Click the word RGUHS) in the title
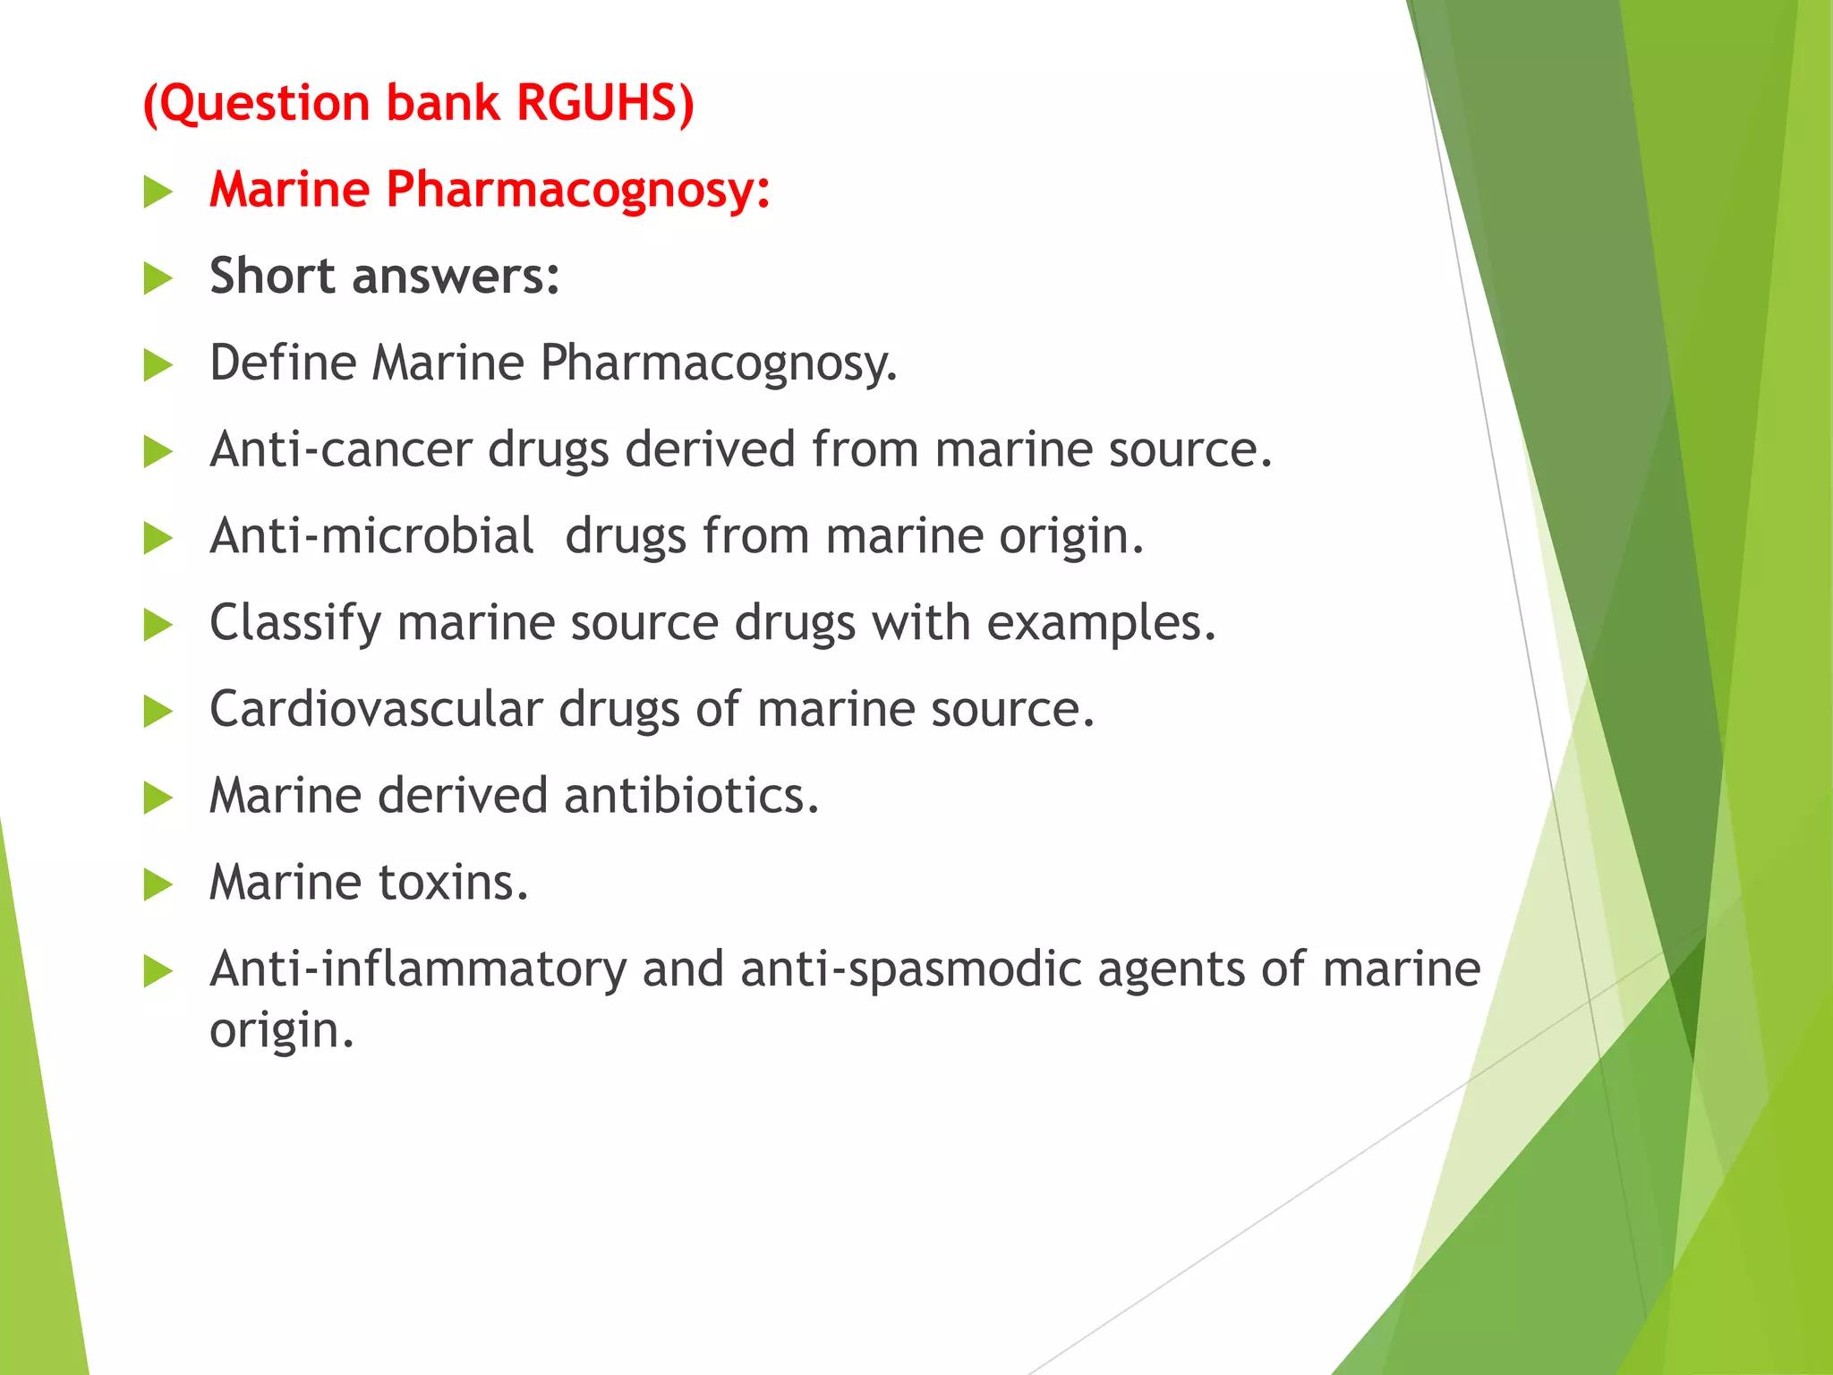605,102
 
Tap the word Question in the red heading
264,104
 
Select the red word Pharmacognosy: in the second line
578,190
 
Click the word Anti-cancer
341,449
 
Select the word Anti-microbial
371,536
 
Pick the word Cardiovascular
376,709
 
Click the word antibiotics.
691,796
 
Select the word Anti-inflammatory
418,969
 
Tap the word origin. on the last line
282,1030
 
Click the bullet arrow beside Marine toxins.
158,884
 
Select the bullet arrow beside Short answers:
158,278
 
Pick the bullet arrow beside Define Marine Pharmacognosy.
158,365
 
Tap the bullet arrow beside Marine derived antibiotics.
158,798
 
